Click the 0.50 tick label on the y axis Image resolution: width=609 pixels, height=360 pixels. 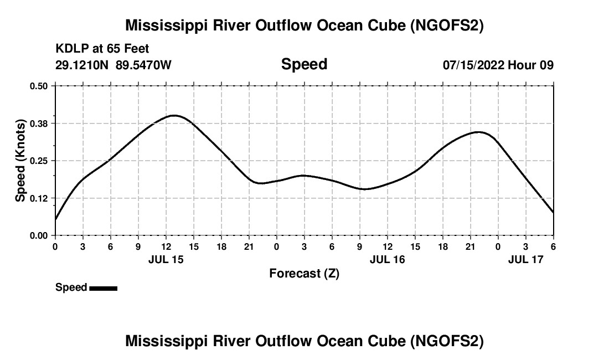tap(39, 86)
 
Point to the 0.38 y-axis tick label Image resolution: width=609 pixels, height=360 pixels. tap(39, 124)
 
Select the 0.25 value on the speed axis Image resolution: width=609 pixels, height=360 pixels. tap(39, 161)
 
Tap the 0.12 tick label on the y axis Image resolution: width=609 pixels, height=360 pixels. tap(39, 198)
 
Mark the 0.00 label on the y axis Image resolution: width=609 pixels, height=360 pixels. tap(39, 236)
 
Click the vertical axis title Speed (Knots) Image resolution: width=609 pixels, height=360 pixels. tap(20, 161)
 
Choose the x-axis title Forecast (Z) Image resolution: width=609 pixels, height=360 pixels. tap(304, 273)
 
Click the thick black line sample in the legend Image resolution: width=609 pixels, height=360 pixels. tap(104, 288)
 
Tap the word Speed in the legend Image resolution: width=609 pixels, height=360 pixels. tap(71, 287)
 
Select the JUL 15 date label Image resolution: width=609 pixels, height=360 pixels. tap(166, 259)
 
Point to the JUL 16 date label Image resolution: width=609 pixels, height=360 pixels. tap(388, 259)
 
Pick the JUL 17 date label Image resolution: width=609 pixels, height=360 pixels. tap(526, 259)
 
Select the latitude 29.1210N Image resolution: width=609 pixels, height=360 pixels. tap(82, 65)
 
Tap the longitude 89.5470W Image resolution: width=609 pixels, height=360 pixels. tap(144, 65)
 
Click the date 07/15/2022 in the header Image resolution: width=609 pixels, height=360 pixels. tap(473, 65)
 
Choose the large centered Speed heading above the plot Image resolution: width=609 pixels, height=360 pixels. tap(304, 64)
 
